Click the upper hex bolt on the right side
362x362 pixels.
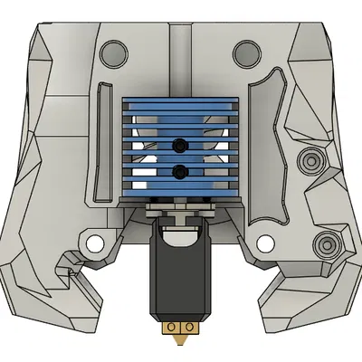(x=312, y=161)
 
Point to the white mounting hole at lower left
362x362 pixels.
(x=92, y=244)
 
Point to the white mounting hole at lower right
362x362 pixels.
(x=264, y=243)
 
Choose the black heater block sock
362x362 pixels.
(x=181, y=276)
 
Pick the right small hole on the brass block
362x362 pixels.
(x=189, y=326)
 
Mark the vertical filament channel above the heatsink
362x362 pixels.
(x=180, y=54)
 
